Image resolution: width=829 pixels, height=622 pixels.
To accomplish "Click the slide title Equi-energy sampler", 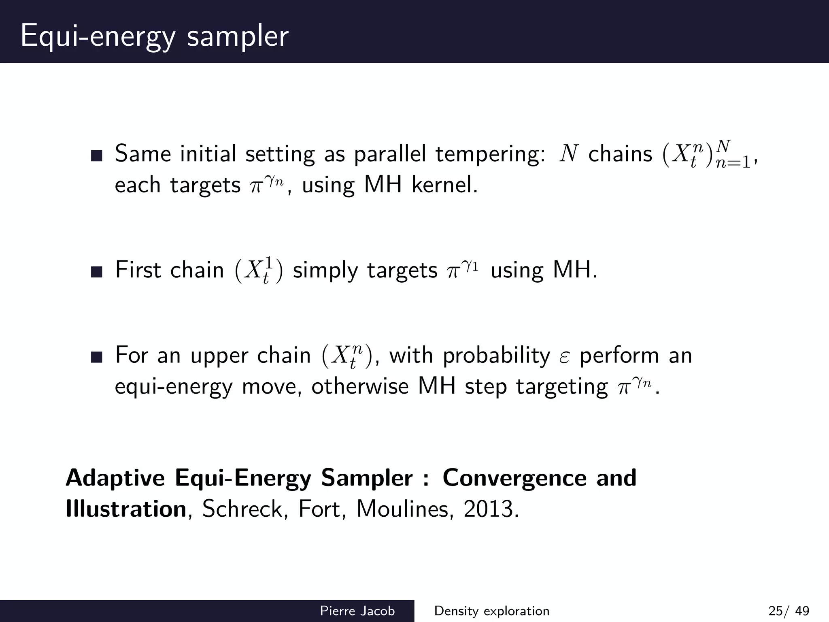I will [154, 36].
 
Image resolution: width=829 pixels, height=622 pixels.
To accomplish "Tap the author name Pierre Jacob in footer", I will [357, 611].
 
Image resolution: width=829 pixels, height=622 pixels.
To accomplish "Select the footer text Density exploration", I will [491, 611].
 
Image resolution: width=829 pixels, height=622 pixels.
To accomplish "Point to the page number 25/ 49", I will [789, 611].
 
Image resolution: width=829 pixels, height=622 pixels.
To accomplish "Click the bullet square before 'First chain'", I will [97, 272].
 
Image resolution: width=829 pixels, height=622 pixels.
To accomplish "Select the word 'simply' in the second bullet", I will [325, 271].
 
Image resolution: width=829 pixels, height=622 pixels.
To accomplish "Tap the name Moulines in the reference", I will [402, 509].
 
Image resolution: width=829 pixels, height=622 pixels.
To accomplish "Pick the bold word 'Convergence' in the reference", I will [514, 478].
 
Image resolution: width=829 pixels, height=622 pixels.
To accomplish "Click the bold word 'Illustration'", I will [126, 509].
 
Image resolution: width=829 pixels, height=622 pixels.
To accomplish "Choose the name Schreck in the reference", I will [244, 509].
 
